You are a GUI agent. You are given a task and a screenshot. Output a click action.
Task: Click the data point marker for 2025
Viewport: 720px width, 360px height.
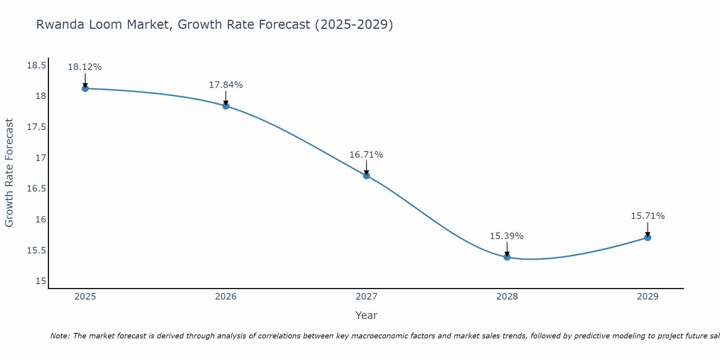point(85,88)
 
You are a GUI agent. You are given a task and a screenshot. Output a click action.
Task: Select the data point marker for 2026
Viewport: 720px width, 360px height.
point(226,106)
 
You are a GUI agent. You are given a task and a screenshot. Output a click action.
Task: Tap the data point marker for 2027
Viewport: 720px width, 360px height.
point(366,176)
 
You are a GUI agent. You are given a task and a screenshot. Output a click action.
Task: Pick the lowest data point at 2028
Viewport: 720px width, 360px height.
point(507,257)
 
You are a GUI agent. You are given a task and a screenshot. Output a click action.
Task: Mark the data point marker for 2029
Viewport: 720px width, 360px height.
point(648,237)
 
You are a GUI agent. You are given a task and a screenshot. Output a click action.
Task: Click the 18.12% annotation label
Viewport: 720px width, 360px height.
point(85,67)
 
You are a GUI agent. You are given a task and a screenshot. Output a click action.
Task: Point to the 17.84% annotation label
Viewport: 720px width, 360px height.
point(226,85)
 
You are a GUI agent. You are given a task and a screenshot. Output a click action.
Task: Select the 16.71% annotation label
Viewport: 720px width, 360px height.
point(366,155)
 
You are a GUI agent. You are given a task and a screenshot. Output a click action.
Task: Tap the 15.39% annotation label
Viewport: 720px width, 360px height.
point(507,236)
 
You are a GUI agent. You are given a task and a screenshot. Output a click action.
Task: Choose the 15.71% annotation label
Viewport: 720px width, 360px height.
point(648,216)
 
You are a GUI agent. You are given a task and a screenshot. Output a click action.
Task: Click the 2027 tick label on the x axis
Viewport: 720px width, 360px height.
point(366,297)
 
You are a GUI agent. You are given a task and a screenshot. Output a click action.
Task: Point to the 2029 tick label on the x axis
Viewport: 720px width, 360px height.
point(648,297)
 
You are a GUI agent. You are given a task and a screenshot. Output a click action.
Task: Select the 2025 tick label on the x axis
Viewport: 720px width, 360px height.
point(85,297)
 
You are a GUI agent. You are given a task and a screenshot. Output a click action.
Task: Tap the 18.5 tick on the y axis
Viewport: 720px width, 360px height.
point(36,66)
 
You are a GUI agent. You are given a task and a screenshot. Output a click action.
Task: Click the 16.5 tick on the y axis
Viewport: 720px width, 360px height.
point(36,189)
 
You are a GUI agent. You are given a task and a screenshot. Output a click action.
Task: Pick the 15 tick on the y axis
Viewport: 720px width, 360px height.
point(41,281)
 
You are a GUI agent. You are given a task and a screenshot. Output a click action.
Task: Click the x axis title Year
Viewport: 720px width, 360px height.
point(366,315)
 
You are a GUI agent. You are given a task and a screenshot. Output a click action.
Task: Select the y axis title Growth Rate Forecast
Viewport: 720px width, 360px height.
point(9,173)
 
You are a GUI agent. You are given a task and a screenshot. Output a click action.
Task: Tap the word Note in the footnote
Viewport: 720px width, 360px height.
point(59,336)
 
